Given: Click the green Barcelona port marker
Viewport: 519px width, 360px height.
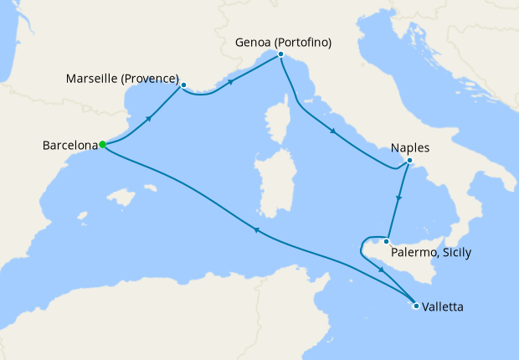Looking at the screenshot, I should click(x=102, y=144).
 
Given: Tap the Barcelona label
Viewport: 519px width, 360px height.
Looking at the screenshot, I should click(x=69, y=146).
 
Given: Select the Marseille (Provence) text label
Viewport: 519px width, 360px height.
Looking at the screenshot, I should click(x=122, y=80).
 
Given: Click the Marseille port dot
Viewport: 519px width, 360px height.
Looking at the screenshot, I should click(x=182, y=85).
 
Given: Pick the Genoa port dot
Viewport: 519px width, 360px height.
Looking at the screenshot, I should click(x=281, y=55).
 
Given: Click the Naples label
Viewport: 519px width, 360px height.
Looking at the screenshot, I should click(x=410, y=148).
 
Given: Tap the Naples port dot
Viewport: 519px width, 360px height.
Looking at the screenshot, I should click(x=409, y=161).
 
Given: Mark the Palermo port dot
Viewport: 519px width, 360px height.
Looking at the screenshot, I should click(x=386, y=242).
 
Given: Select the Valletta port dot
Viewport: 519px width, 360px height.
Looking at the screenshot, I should click(x=416, y=306).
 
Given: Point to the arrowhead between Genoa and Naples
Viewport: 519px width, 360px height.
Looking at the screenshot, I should click(x=334, y=131).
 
